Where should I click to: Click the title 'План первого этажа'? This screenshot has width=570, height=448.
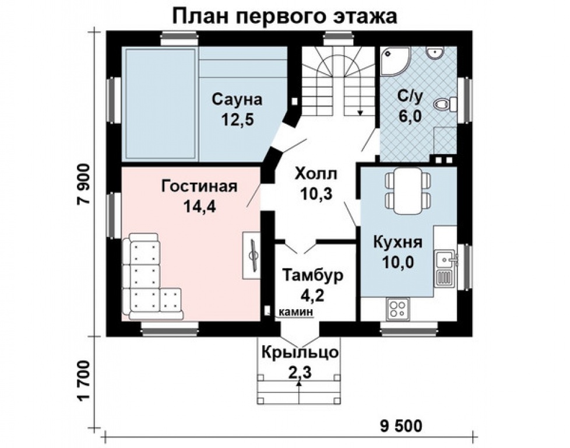(x=284, y=15)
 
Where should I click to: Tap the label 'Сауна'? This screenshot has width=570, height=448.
(x=237, y=99)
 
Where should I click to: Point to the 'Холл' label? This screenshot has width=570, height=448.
(x=315, y=174)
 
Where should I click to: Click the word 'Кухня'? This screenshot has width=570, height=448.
(x=398, y=243)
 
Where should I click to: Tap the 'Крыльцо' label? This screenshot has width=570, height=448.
(x=299, y=353)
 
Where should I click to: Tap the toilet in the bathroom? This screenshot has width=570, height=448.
(x=446, y=105)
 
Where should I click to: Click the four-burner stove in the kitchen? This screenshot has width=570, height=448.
(x=399, y=309)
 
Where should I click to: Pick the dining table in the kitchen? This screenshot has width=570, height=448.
(x=408, y=190)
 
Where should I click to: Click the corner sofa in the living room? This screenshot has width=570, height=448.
(x=146, y=280)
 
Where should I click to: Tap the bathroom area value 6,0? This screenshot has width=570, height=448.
(x=410, y=116)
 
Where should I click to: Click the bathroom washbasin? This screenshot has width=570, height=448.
(x=434, y=54)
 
